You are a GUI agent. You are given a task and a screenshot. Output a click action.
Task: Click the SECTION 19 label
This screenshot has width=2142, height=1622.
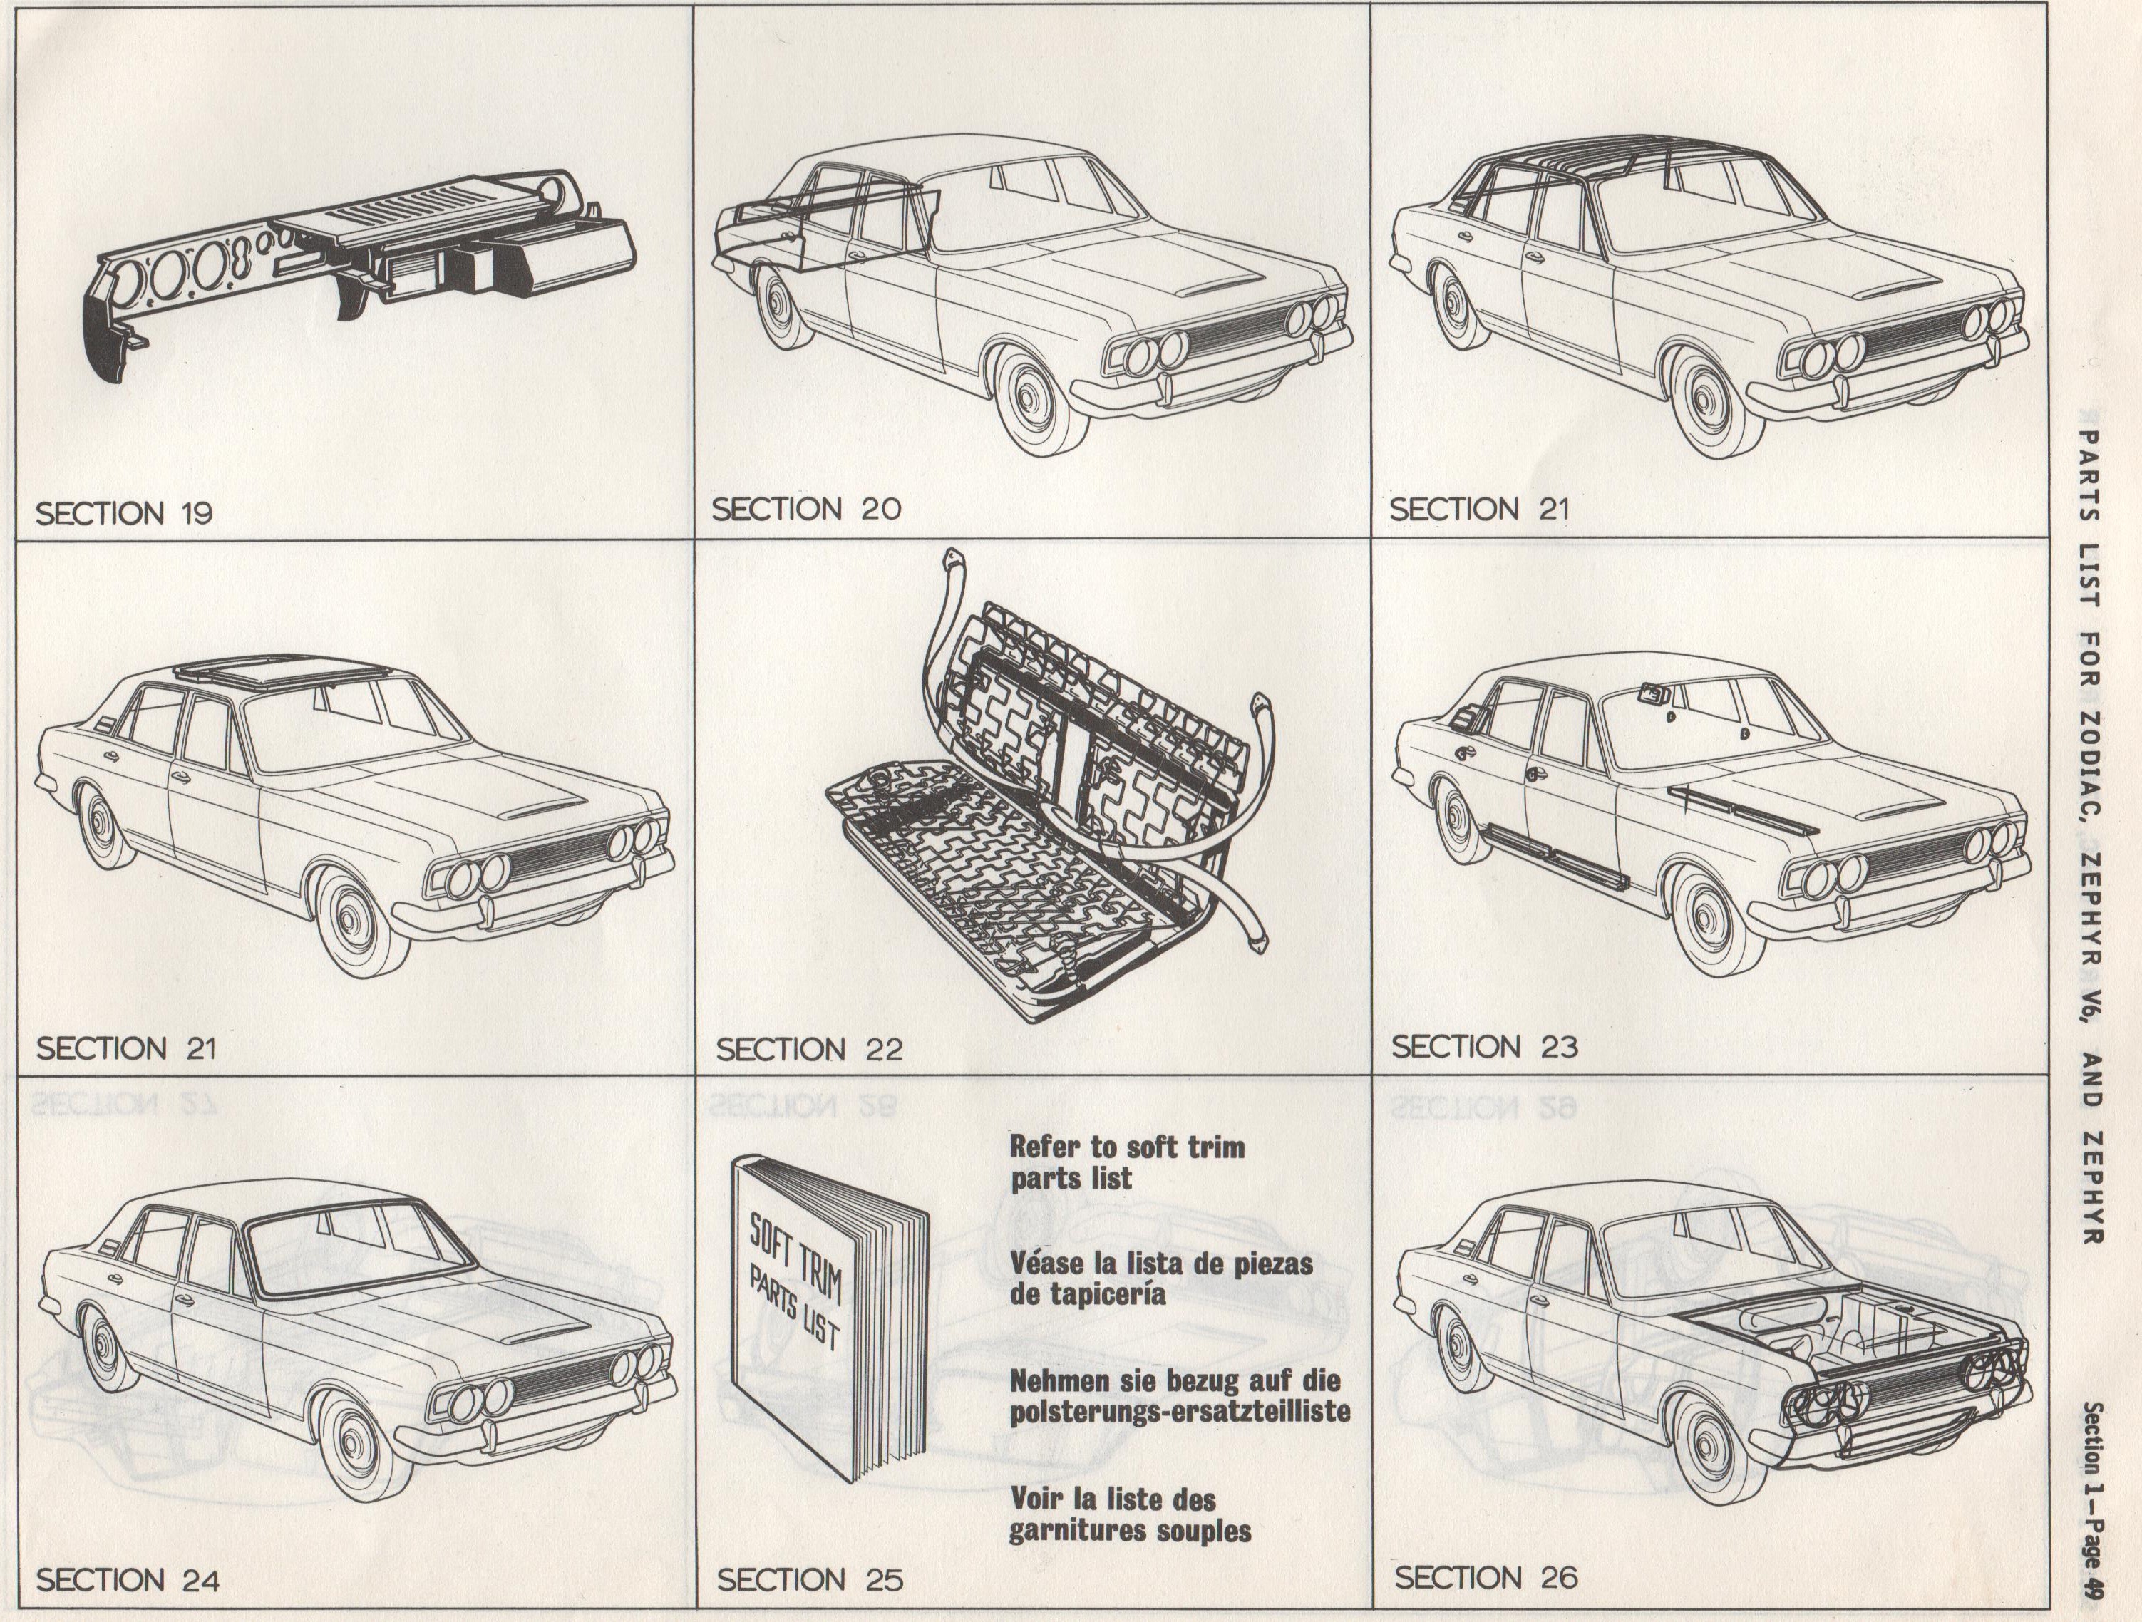124,512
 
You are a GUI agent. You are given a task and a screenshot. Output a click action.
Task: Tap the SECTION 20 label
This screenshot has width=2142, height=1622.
805,508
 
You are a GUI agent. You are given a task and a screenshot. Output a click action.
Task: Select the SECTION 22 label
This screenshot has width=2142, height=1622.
810,1049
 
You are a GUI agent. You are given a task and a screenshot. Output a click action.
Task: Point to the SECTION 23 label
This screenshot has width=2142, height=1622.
1485,1046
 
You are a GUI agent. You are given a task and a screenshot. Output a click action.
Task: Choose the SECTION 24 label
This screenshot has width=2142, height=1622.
128,1581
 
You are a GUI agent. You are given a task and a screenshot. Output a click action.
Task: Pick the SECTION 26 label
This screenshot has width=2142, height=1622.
1486,1576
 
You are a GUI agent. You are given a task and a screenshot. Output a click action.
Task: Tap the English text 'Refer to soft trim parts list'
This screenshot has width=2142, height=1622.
1127,1163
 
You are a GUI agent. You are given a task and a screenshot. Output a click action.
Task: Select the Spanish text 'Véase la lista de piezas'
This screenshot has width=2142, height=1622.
1161,1264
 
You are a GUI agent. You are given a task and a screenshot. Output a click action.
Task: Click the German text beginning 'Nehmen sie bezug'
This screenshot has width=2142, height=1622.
1180,1395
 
